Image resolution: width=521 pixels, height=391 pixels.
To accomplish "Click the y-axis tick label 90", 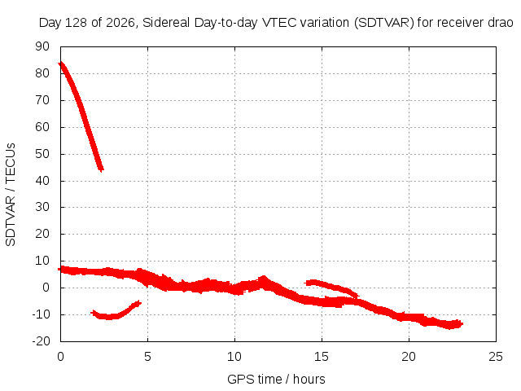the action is [x=42, y=46].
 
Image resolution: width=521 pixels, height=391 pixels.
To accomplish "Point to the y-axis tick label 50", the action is [x=42, y=154].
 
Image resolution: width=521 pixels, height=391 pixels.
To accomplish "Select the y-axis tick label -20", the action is [x=41, y=341].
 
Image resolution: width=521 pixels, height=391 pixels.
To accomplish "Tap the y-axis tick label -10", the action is [x=41, y=314].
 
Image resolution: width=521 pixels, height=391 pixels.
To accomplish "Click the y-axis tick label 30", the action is [x=42, y=207].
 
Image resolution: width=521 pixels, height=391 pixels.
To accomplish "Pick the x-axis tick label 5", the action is [x=147, y=357].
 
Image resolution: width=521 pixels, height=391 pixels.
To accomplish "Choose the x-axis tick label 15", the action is [x=322, y=357].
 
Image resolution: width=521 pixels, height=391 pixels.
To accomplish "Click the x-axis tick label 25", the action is [x=496, y=357].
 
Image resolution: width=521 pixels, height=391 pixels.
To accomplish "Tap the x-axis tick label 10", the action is [x=234, y=357].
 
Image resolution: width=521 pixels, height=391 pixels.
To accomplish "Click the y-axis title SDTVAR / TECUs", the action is [x=11, y=195].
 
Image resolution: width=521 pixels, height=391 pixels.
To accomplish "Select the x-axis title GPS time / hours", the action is [x=276, y=379].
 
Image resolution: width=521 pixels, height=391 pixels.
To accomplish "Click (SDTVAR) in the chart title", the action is [x=383, y=23].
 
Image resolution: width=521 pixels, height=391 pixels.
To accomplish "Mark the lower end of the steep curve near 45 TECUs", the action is [x=101, y=169].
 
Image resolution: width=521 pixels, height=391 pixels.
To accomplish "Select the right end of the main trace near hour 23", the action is [x=461, y=323].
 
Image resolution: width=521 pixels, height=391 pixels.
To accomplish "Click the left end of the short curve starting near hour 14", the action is [x=306, y=283].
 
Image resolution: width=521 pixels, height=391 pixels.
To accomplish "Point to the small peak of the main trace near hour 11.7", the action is [x=264, y=277].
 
